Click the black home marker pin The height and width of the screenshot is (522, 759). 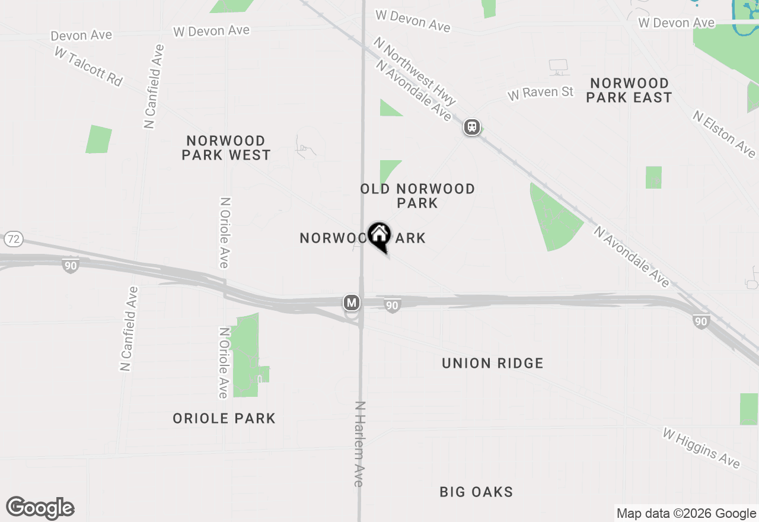pyautogui.click(x=379, y=235)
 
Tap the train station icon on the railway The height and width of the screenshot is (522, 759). pyautogui.click(x=472, y=127)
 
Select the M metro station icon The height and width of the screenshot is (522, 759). pyautogui.click(x=352, y=303)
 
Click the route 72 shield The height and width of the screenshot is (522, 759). pyautogui.click(x=13, y=240)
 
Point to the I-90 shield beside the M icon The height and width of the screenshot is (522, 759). pyautogui.click(x=392, y=305)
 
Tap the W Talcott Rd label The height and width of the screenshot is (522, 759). pyautogui.click(x=88, y=66)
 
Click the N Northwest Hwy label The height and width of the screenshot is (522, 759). pyautogui.click(x=414, y=71)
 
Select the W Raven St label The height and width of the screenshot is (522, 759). pyautogui.click(x=541, y=93)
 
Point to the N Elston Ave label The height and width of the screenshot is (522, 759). pyautogui.click(x=724, y=133)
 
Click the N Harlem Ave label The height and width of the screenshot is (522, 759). pyautogui.click(x=359, y=444)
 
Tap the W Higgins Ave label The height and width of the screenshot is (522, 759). pyautogui.click(x=701, y=448)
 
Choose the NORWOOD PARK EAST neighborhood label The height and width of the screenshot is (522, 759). pyautogui.click(x=629, y=90)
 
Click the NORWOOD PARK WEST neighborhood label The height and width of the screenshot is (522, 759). pyautogui.click(x=226, y=148)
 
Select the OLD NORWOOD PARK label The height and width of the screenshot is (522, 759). pyautogui.click(x=417, y=196)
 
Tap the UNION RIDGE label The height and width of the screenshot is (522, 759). pyautogui.click(x=492, y=363)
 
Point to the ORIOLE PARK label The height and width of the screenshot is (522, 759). pyautogui.click(x=224, y=418)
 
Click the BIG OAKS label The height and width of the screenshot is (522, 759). pyautogui.click(x=476, y=492)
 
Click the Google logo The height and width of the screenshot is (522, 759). pyautogui.click(x=40, y=508)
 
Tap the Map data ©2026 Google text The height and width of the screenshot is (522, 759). pyautogui.click(x=686, y=514)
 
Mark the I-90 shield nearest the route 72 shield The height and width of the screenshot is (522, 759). pyautogui.click(x=71, y=265)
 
